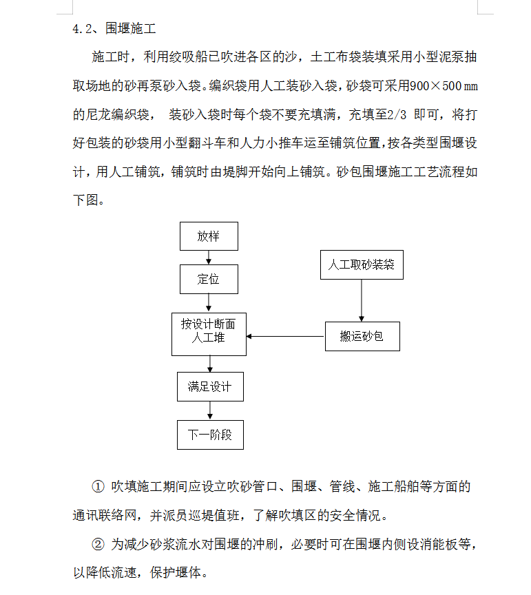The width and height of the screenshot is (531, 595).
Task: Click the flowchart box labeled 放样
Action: [x=209, y=236]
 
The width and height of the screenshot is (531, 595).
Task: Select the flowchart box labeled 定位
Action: [x=209, y=280]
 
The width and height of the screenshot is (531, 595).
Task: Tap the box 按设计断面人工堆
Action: [x=209, y=334]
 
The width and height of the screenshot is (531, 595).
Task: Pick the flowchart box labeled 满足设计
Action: [x=210, y=386]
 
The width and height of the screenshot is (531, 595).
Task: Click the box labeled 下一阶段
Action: [x=210, y=435]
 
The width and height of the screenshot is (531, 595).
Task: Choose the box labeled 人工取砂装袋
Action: [x=362, y=265]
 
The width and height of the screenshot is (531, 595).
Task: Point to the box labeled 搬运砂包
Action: [x=362, y=336]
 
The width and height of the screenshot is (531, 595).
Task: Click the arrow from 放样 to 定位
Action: [x=209, y=258]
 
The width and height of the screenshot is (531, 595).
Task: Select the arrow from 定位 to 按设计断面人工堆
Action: [x=209, y=303]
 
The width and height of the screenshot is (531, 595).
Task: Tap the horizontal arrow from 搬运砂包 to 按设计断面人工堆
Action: [x=285, y=336]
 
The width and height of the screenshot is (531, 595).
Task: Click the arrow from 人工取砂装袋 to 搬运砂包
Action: [x=362, y=300]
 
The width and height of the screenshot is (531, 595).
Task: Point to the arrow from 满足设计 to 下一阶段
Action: [x=210, y=410]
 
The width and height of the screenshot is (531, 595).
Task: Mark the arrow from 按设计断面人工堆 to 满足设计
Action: [x=210, y=364]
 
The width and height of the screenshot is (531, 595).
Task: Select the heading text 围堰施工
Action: [x=131, y=28]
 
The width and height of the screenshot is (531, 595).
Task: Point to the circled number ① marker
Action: [x=98, y=486]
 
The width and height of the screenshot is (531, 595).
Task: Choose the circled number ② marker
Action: [x=98, y=545]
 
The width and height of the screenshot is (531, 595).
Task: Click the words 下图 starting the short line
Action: [x=85, y=200]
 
